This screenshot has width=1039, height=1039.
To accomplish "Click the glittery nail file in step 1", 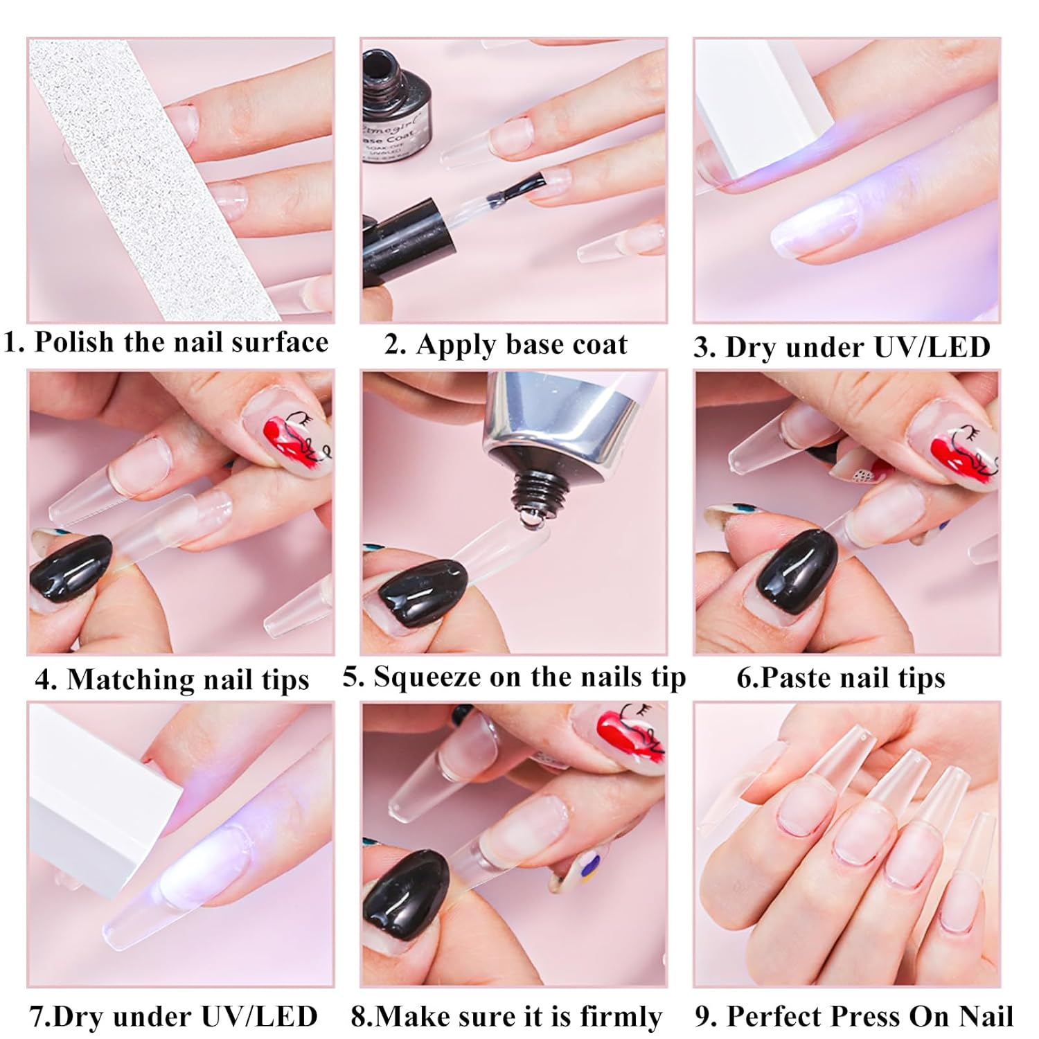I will click(x=152, y=180).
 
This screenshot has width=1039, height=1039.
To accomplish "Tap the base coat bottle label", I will click(x=392, y=139).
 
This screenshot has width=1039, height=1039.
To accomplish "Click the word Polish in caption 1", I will click(x=74, y=342).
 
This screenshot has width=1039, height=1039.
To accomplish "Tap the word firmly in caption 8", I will click(x=621, y=1016).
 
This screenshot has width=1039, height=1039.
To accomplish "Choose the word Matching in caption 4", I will click(x=130, y=680).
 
